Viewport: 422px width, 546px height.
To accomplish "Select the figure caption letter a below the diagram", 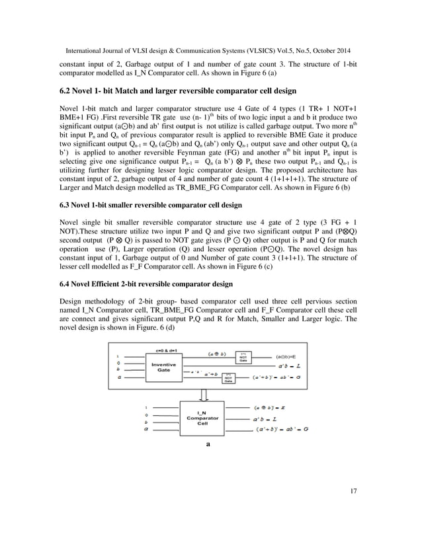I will (x=208, y=444).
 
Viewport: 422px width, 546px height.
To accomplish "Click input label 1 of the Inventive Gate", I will (x=118, y=356).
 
